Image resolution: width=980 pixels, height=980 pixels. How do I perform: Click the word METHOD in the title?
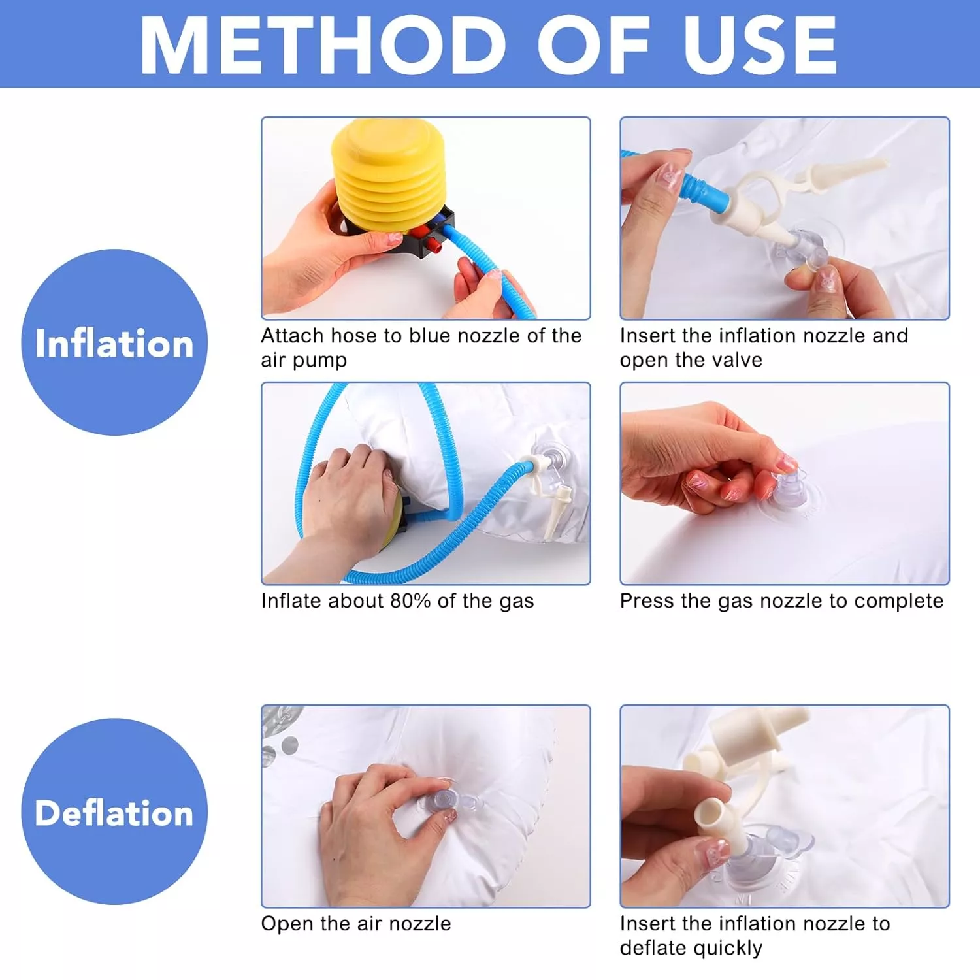click(323, 44)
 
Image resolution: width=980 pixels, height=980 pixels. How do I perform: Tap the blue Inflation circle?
click(114, 342)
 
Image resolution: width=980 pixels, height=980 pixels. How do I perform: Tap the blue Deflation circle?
click(114, 811)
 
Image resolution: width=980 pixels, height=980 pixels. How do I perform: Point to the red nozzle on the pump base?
click(431, 244)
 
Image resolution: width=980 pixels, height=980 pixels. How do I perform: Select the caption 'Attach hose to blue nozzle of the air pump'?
click(421, 348)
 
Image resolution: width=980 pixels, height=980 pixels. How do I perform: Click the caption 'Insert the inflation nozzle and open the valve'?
click(764, 348)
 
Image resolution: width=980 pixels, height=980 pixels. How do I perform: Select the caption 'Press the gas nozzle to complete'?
click(781, 601)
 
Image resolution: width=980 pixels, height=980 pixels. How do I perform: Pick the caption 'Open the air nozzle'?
click(356, 924)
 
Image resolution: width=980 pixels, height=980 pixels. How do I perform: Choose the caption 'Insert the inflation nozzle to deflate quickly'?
click(755, 936)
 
